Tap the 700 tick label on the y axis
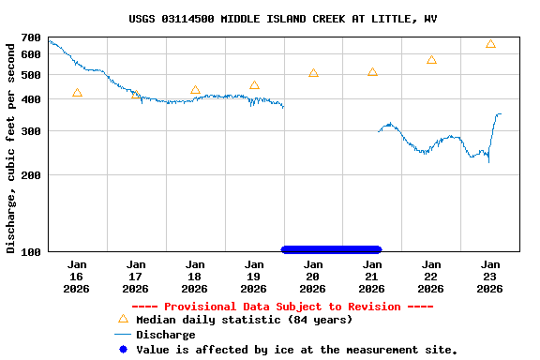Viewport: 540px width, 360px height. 30,38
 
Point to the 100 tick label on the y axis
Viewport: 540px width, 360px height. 30,251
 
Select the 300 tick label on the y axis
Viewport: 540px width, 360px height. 30,131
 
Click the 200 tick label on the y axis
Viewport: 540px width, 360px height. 30,175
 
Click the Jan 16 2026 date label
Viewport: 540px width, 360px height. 77,277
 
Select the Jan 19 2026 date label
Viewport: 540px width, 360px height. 254,277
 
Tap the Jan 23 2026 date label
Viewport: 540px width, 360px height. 490,277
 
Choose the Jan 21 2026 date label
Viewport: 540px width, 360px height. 372,277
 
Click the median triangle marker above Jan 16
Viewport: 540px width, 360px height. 77,93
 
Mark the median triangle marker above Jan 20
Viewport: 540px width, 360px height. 313,72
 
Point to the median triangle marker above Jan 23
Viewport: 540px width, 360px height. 490,44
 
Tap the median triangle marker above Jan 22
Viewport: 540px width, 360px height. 431,59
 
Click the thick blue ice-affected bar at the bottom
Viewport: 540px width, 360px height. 331,249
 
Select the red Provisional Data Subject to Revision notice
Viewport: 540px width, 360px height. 282,307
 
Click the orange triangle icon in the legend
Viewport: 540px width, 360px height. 122,319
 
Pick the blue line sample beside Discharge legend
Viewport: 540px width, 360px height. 122,335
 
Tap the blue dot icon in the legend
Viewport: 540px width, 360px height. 122,350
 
